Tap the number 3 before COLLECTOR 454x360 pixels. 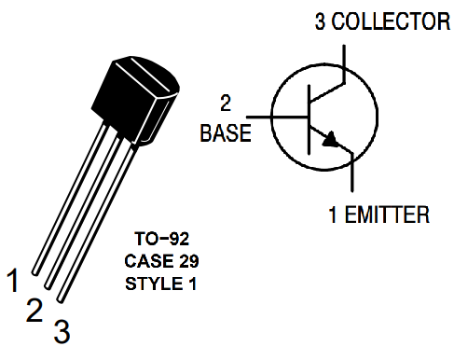[x=320, y=21]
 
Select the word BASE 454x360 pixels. [x=226, y=132]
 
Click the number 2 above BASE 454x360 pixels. [x=225, y=102]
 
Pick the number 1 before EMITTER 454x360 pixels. [x=333, y=216]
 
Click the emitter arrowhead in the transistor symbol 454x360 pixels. [x=329, y=141]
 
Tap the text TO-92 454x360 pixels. [x=161, y=240]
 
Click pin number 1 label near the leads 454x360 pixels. [x=13, y=278]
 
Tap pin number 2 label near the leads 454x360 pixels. [x=34, y=310]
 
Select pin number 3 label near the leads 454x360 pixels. [x=61, y=330]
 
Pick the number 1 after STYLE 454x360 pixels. [x=193, y=282]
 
